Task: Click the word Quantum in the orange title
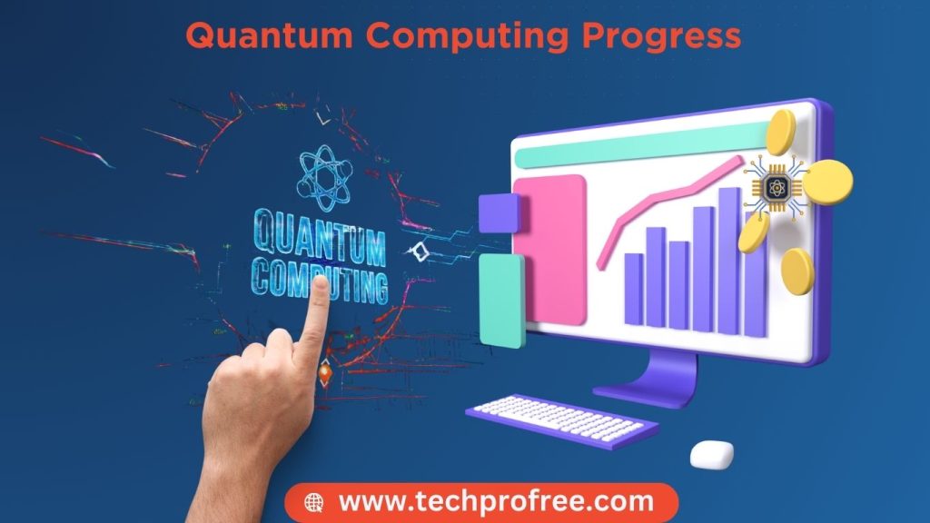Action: click(x=269, y=35)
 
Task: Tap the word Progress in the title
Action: click(x=661, y=36)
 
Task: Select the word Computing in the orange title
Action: click(x=467, y=36)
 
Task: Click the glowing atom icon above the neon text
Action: click(x=324, y=178)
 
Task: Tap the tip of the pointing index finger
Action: click(x=321, y=281)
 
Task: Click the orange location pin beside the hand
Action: click(x=325, y=373)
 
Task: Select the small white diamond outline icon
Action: click(x=420, y=252)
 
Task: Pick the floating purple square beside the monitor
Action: click(x=500, y=212)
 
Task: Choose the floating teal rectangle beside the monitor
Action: click(x=501, y=300)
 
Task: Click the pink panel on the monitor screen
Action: click(x=550, y=249)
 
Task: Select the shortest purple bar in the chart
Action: click(x=633, y=289)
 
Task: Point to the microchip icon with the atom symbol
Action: click(x=777, y=189)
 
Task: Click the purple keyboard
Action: click(x=561, y=420)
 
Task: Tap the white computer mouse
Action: click(x=712, y=454)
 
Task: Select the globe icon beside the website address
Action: click(x=313, y=503)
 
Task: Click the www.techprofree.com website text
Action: click(x=496, y=501)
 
